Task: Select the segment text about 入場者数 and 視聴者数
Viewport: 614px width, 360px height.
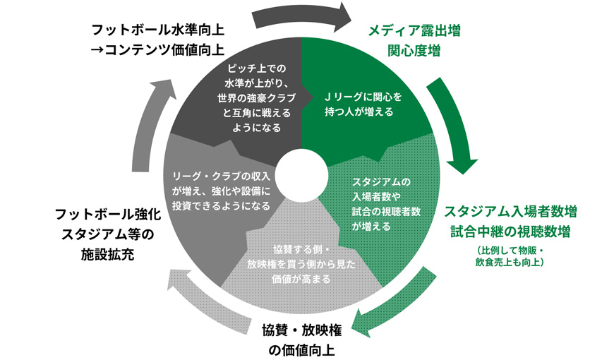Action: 381,203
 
